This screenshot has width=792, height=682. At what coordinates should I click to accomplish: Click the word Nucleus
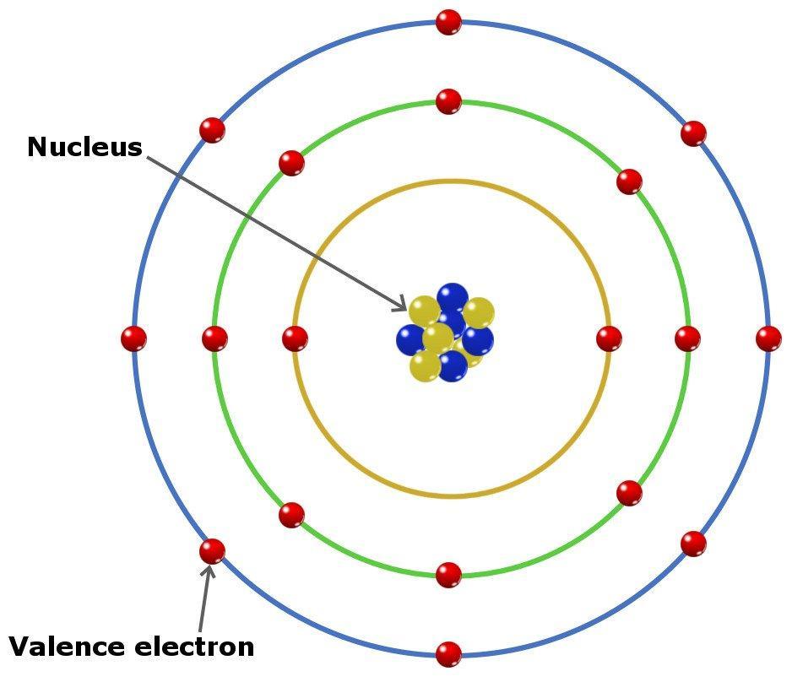pyautogui.click(x=84, y=148)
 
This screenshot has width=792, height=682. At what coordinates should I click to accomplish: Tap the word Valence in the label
pyautogui.click(x=67, y=647)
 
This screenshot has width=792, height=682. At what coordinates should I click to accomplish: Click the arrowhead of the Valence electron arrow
pyautogui.click(x=208, y=570)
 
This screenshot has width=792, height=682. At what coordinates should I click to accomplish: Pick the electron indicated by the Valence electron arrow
pyautogui.click(x=212, y=551)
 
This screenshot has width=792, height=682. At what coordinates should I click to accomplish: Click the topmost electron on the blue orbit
pyautogui.click(x=448, y=22)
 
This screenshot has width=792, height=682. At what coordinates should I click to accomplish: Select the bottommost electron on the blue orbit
pyautogui.click(x=448, y=655)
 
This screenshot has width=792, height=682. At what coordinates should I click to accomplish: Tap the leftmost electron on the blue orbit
pyautogui.click(x=134, y=338)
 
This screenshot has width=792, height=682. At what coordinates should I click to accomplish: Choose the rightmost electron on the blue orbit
pyautogui.click(x=768, y=338)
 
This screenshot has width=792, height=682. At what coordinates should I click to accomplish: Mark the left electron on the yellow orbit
pyautogui.click(x=295, y=338)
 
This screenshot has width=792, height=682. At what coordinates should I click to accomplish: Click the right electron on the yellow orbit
pyautogui.click(x=609, y=338)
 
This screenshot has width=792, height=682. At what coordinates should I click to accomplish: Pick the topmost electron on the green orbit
pyautogui.click(x=448, y=101)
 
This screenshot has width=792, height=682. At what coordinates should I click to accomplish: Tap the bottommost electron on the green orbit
pyautogui.click(x=448, y=575)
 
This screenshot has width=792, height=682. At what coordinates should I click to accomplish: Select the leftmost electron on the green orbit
pyautogui.click(x=214, y=338)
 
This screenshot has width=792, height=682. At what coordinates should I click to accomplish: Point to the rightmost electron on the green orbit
pyautogui.click(x=688, y=338)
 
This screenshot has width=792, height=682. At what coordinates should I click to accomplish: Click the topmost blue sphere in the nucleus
pyautogui.click(x=453, y=298)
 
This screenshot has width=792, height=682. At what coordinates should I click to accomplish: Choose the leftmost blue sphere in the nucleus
pyautogui.click(x=411, y=340)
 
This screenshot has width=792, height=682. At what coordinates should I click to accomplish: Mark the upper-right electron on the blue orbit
pyautogui.click(x=693, y=133)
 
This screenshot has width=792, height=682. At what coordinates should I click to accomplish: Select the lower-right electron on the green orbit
pyautogui.click(x=629, y=493)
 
